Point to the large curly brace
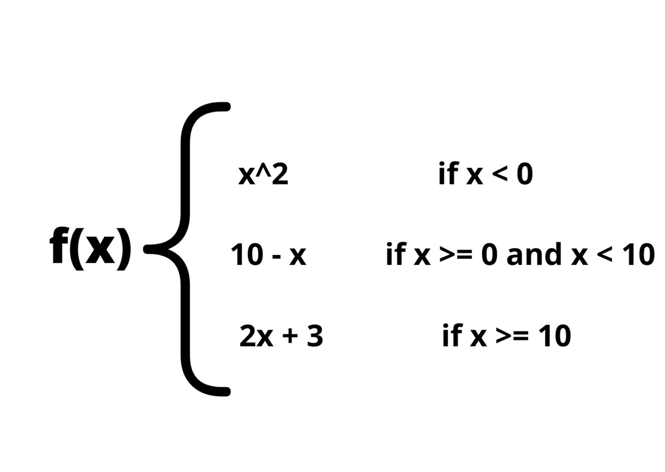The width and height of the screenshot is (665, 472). click(186, 249)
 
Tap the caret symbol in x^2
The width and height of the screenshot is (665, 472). click(265, 170)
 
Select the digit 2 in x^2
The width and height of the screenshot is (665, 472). click(280, 175)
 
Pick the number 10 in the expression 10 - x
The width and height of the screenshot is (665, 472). click(247, 255)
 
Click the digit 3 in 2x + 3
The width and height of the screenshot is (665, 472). click(315, 336)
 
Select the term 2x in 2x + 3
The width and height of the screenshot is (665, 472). click(256, 336)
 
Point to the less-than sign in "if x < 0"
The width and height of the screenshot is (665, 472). click(500, 174)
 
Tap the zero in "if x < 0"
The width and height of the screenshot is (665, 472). click(525, 174)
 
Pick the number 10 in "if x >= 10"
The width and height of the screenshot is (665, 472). click(555, 336)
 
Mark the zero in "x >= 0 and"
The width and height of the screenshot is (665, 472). click(489, 255)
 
